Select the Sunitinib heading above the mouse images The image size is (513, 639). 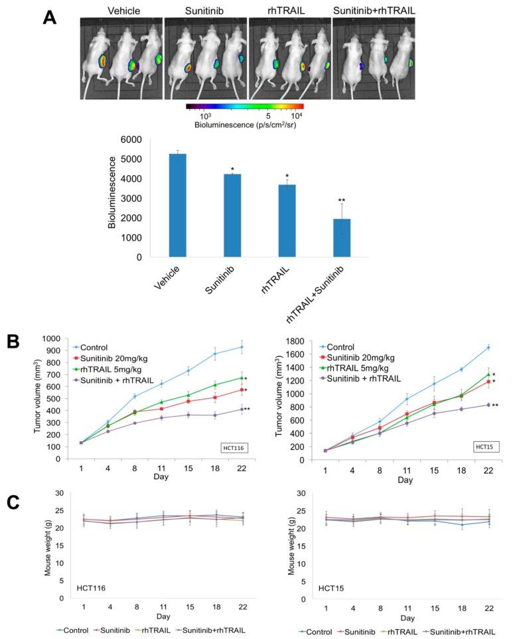pos(204,10)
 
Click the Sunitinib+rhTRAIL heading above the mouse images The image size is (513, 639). pos(373,10)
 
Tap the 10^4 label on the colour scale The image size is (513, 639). pos(297,115)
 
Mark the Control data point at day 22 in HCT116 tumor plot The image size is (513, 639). pos(242,347)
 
